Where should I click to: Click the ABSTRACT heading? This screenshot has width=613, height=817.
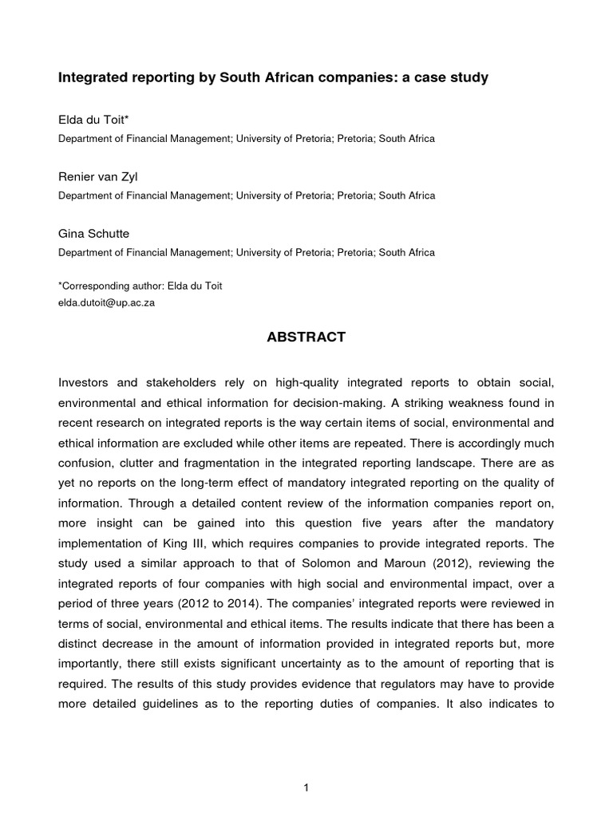click(x=306, y=337)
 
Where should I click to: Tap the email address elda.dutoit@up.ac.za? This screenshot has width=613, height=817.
click(x=107, y=303)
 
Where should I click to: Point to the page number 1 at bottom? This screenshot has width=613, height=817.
click(x=306, y=767)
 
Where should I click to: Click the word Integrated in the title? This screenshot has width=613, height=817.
click(x=92, y=78)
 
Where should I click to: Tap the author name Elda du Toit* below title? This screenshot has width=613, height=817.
click(x=93, y=120)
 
